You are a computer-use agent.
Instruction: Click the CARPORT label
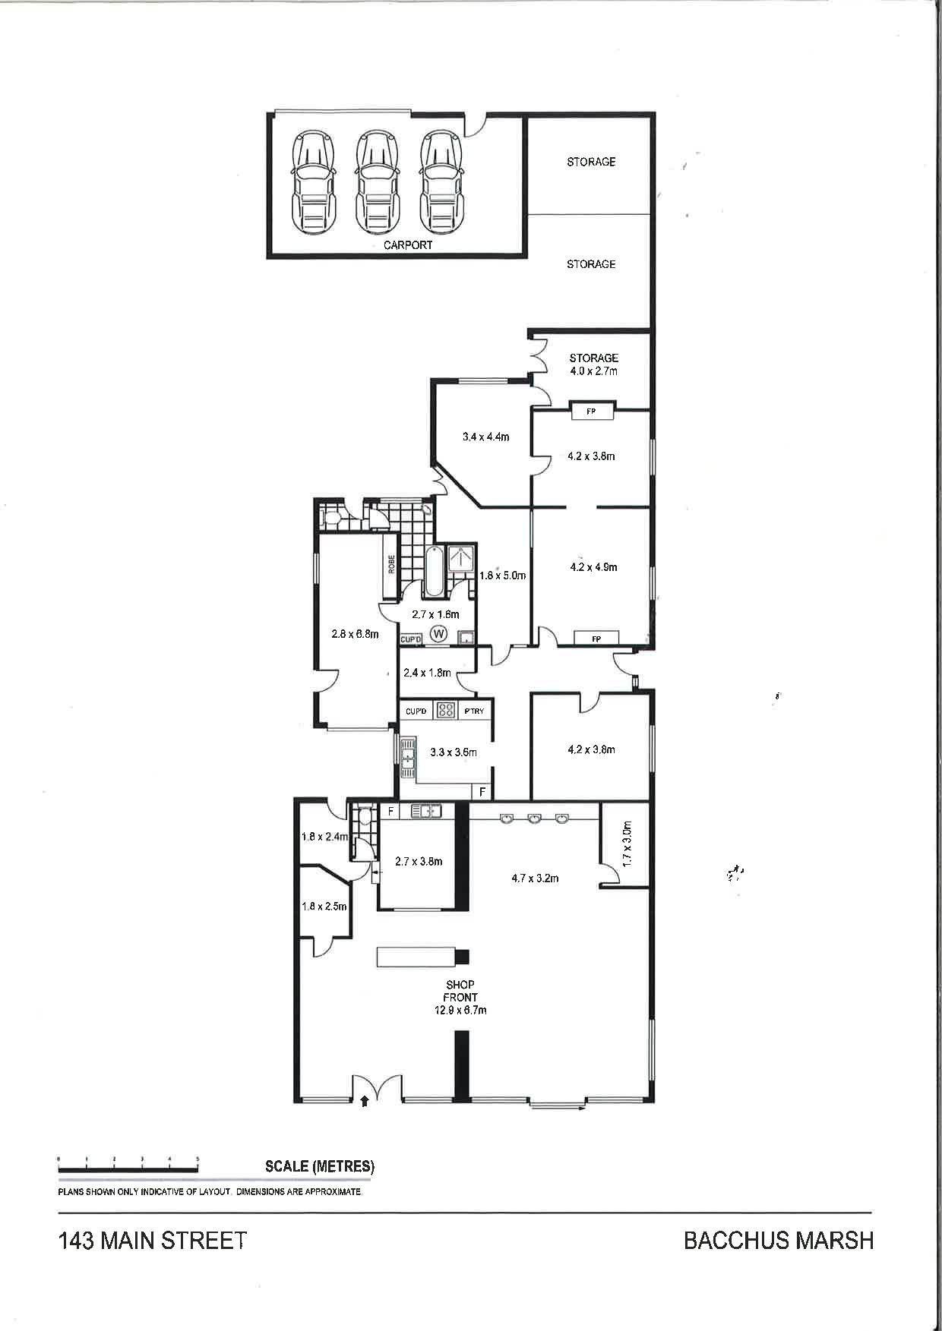point(408,245)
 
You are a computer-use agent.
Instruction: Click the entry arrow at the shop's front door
point(365,1099)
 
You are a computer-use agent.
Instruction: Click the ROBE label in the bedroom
point(392,565)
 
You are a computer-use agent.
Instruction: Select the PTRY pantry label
point(474,711)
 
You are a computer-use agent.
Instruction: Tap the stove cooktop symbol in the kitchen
point(446,711)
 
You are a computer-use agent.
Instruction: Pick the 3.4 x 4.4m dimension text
point(485,437)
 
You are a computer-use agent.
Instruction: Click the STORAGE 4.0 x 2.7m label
point(594,364)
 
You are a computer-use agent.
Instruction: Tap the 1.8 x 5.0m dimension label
point(502,576)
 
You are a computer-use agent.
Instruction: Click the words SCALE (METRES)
point(320,1166)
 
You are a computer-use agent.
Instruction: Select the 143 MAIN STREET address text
point(153,1241)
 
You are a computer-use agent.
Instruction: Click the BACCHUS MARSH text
point(779,1241)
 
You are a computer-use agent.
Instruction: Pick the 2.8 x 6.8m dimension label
point(356,634)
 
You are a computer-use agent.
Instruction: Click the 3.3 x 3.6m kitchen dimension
point(454,752)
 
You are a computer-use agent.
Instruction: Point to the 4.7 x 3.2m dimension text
point(535,878)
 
